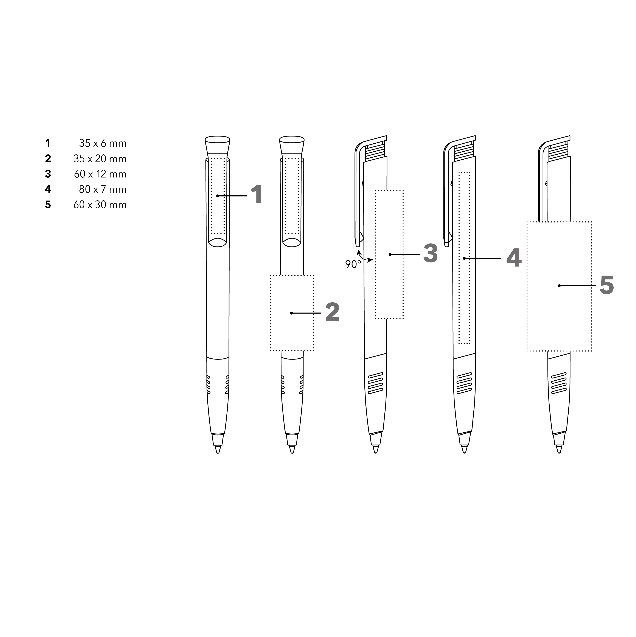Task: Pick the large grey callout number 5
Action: pos(607,285)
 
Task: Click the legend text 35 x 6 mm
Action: pos(103,143)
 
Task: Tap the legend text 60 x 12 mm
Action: pos(100,174)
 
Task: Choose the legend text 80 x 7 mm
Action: pos(103,190)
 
